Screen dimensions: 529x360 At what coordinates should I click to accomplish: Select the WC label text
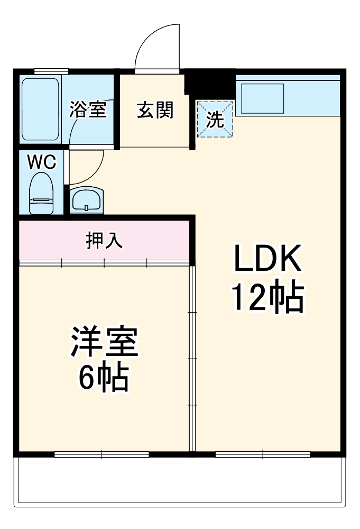tap(41, 162)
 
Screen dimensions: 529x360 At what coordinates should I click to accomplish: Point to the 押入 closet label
tap(105, 240)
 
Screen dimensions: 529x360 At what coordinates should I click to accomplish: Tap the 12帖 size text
tap(266, 299)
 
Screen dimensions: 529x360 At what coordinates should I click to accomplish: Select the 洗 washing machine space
tap(215, 119)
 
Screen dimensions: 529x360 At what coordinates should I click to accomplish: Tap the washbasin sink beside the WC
tap(86, 200)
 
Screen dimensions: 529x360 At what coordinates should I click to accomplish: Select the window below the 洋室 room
tap(101, 454)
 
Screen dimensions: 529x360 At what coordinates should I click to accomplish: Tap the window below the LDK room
tap(263, 454)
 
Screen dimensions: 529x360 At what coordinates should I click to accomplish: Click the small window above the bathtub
tap(51, 71)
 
